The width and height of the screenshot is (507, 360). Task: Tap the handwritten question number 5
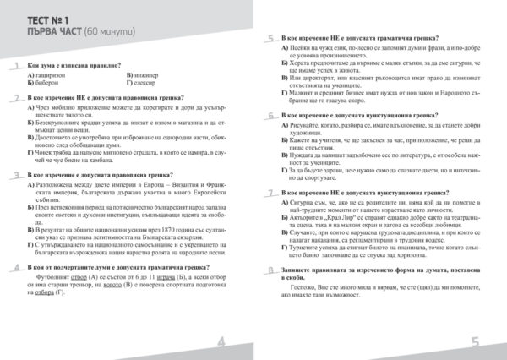click(x=270, y=39)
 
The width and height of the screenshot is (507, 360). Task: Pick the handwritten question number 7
click(x=270, y=192)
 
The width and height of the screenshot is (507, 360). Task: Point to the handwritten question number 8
click(x=270, y=271)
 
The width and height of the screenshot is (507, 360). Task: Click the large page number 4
click(x=222, y=341)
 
